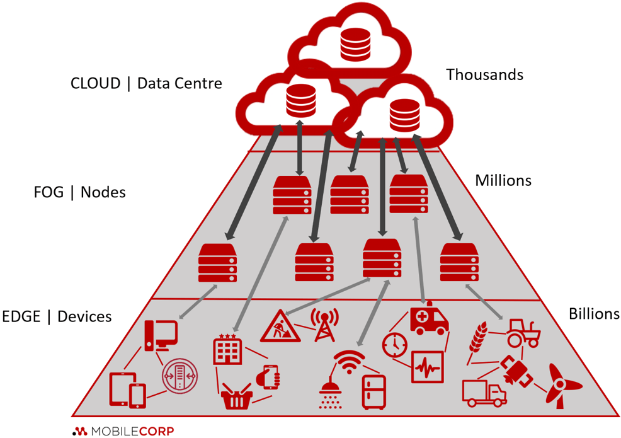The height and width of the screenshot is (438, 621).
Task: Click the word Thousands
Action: pyautogui.click(x=484, y=74)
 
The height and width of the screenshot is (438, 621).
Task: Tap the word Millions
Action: pyautogui.click(x=503, y=181)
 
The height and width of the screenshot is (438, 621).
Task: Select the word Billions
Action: pyautogui.click(x=593, y=314)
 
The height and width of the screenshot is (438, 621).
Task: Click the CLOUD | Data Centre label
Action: pyautogui.click(x=146, y=83)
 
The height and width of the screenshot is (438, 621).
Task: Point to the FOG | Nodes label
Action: pyautogui.click(x=79, y=192)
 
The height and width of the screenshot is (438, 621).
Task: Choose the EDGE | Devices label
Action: pyautogui.click(x=57, y=316)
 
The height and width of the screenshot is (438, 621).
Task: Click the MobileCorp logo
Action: pyautogui.click(x=123, y=431)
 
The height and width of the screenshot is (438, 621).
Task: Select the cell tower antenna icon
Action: pyautogui.click(x=325, y=324)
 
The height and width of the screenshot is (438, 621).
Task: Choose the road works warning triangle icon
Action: pyautogui.click(x=278, y=325)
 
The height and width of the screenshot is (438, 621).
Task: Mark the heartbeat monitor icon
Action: pyautogui.click(x=428, y=367)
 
